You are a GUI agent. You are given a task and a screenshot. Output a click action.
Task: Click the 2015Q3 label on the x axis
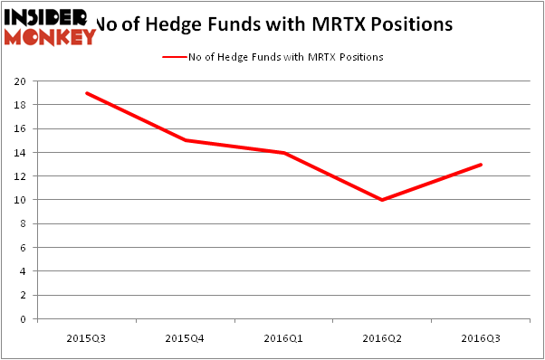click(87, 337)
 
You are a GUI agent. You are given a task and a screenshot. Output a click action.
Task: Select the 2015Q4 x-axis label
click(186, 337)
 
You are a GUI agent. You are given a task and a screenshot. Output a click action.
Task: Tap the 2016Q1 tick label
click(284, 337)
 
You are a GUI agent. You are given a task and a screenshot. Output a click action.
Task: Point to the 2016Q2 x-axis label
click(382, 337)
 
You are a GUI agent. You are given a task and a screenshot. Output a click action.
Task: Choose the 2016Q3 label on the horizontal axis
click(481, 337)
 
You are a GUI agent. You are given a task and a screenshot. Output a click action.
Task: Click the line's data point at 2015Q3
click(87, 93)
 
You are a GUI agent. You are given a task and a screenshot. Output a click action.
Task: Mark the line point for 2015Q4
click(186, 140)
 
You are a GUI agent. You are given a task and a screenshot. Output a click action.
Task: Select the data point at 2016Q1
click(284, 153)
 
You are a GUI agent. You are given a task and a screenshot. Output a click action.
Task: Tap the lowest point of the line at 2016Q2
click(382, 200)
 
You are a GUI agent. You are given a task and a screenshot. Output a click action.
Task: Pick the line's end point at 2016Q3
click(481, 165)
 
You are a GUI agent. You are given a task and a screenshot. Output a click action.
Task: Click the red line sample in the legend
click(175, 57)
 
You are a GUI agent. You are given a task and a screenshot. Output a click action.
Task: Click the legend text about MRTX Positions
click(286, 57)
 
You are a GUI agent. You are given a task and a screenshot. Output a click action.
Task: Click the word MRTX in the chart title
click(349, 24)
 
